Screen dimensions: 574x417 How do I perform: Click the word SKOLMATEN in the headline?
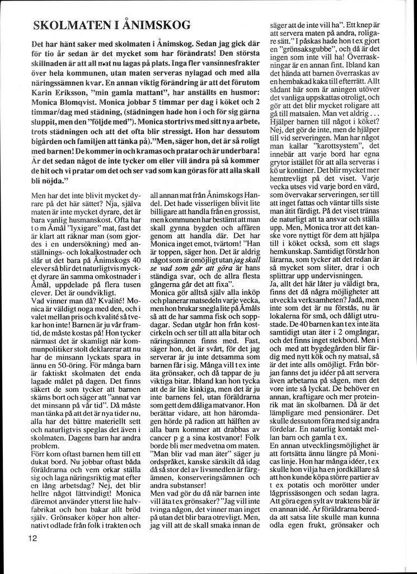(71, 25)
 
